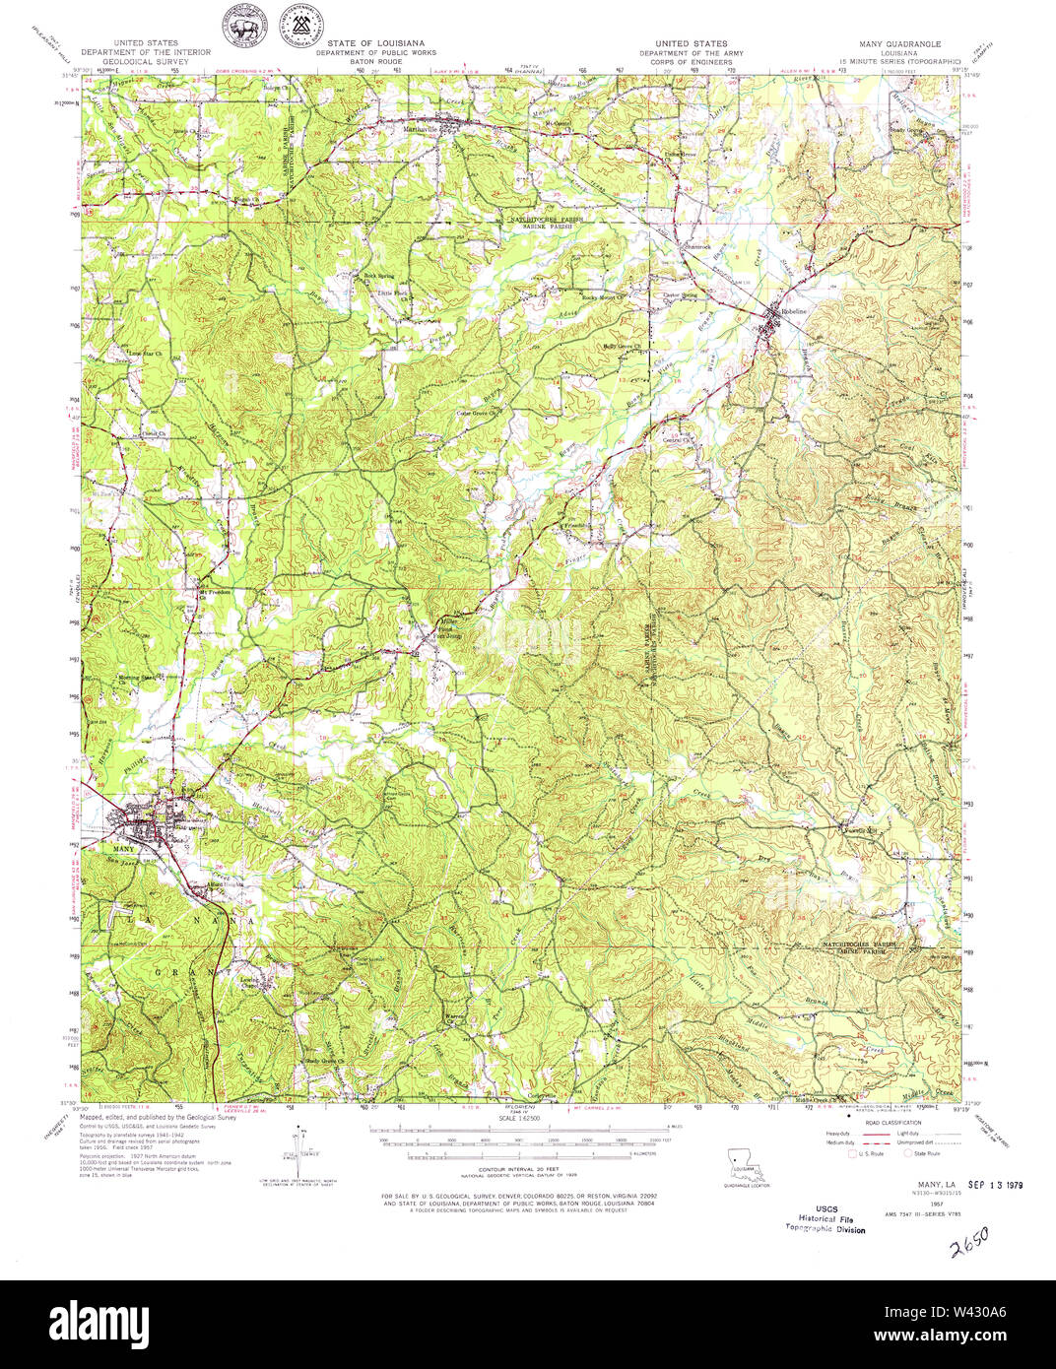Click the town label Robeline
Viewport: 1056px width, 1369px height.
click(x=794, y=310)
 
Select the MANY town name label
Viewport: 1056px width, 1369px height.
click(x=123, y=848)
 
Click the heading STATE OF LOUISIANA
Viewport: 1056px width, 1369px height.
click(x=375, y=43)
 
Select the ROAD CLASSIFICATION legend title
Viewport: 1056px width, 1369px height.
click(x=890, y=1122)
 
